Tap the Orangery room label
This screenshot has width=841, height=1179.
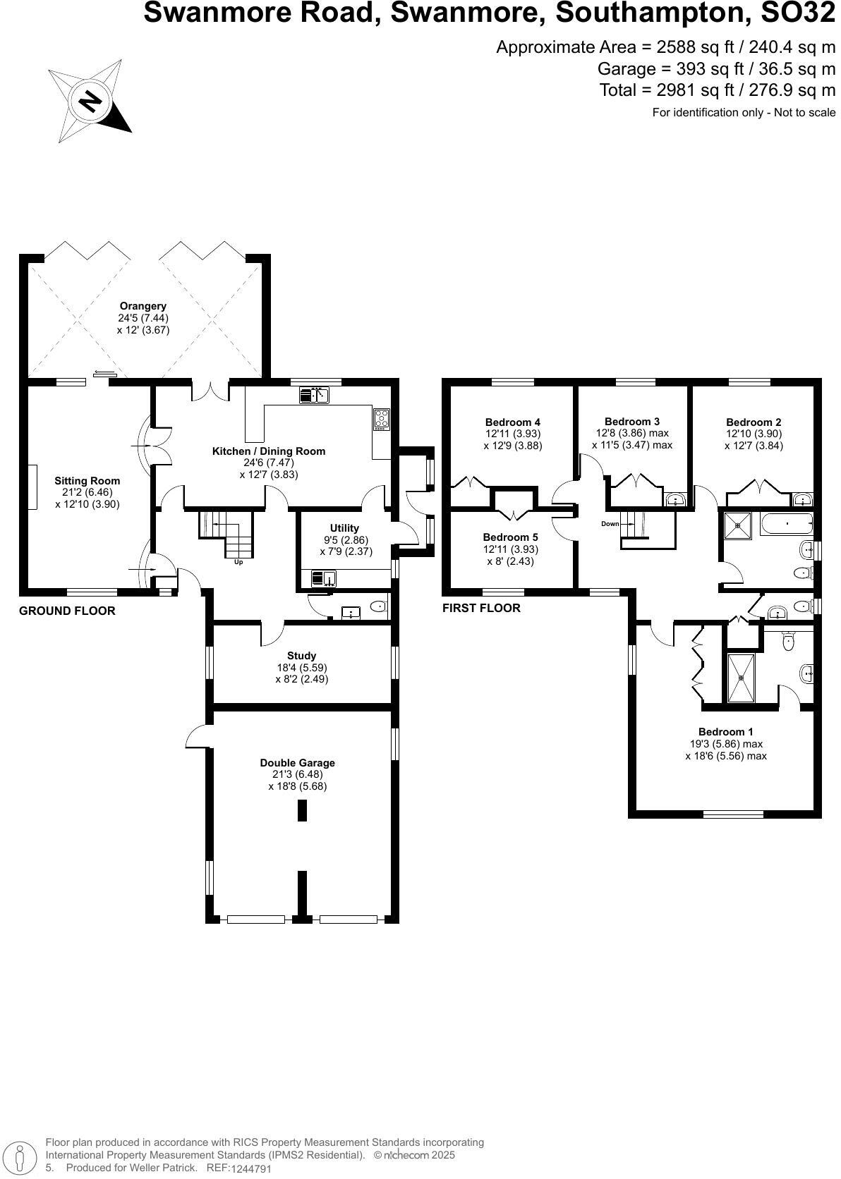pos(143,306)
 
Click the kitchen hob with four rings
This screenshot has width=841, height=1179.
pos(381,420)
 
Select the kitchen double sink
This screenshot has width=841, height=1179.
pos(315,396)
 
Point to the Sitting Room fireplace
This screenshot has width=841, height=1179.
pos(32,487)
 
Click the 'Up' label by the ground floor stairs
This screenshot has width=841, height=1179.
pos(238,562)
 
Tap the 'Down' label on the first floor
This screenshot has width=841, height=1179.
pos(610,524)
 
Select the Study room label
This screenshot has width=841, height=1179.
pos(301,655)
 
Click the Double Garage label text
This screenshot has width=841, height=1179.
pos(297,762)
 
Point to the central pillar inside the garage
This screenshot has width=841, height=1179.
pos(302,811)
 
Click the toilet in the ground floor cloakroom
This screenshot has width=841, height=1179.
pos(378,606)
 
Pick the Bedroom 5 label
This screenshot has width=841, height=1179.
pos(510,537)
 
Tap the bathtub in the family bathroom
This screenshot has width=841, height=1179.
pos(787,525)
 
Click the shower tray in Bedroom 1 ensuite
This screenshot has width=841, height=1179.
pos(741,678)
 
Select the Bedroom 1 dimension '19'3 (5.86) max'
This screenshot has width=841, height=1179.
pos(726,744)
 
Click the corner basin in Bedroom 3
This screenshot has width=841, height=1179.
pos(676,501)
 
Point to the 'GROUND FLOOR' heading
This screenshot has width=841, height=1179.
pos(67,611)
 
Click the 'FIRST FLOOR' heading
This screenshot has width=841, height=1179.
pos(481,608)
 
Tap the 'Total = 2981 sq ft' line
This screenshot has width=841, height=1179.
pos(717,90)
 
